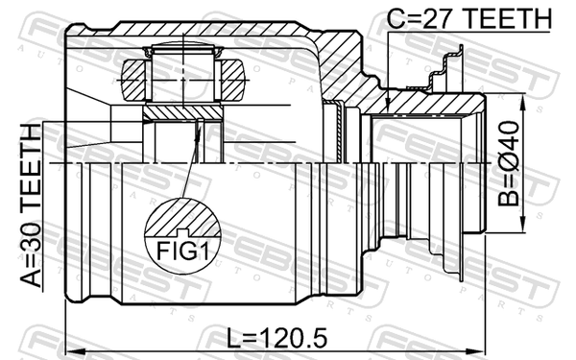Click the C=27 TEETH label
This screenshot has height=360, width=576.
click(x=469, y=18)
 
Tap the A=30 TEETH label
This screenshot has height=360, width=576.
click(x=31, y=205)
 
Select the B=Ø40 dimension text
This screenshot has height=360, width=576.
click(x=509, y=163)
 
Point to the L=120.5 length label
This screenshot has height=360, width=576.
click(x=276, y=338)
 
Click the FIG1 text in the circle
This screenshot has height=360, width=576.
click(x=182, y=252)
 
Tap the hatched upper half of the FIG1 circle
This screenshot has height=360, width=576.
click(x=182, y=218)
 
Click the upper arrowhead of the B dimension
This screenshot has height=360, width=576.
click(x=521, y=102)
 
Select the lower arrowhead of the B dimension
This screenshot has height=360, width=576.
click(x=521, y=225)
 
